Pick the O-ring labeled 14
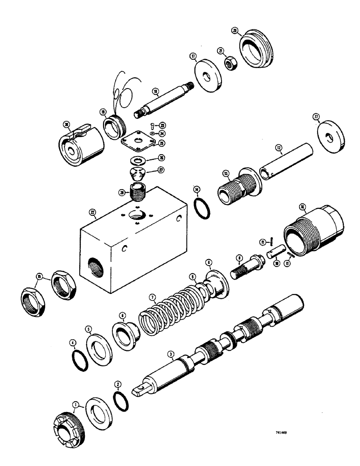[201, 208]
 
